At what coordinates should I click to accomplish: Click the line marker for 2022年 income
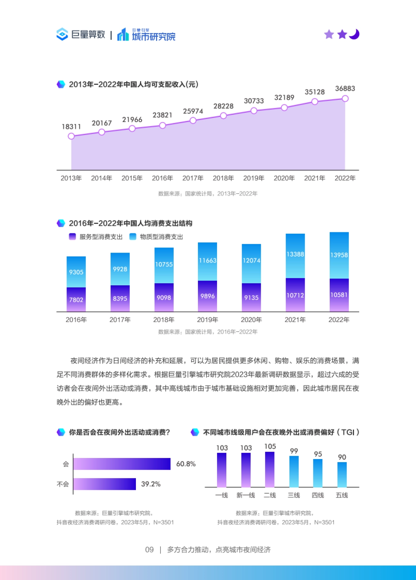345,99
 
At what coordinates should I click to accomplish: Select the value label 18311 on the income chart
71,127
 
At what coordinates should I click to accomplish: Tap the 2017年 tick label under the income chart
193,178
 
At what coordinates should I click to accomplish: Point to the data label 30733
254,101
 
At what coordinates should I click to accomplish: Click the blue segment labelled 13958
339,255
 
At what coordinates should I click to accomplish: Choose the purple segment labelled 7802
76,300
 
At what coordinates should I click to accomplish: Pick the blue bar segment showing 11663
207,261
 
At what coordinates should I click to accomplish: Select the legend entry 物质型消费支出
157,237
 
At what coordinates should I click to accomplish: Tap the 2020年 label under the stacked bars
251,320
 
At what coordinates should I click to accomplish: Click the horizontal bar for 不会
104,484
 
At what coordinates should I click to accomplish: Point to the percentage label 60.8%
186,464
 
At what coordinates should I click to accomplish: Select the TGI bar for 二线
270,469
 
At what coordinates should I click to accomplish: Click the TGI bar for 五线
342,475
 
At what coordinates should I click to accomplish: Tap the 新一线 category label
246,495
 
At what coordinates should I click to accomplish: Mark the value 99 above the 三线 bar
294,451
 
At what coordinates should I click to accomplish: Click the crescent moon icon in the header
355,34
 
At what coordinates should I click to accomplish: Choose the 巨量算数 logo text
88,35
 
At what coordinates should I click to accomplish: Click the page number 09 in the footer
149,550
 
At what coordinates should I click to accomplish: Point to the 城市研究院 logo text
154,36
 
